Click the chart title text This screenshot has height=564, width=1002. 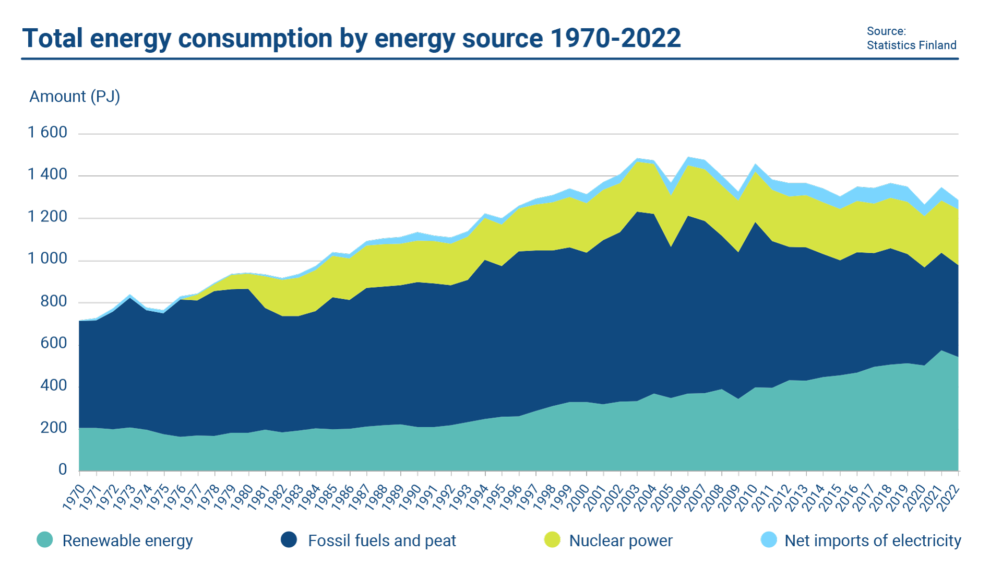(x=351, y=39)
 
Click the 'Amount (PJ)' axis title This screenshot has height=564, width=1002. (x=75, y=97)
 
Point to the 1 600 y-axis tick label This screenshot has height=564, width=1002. (x=47, y=133)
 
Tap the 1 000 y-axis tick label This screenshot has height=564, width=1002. (x=47, y=259)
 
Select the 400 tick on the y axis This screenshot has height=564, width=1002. (x=54, y=386)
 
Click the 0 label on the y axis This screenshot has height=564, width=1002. (x=63, y=469)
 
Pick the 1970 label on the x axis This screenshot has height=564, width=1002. (x=74, y=497)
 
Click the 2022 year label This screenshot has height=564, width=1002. (x=949, y=497)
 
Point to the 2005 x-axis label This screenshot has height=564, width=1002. (x=663, y=497)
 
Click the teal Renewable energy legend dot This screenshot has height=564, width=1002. (x=45, y=540)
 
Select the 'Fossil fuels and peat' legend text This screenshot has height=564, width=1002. (x=381, y=540)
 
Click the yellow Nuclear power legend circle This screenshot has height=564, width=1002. (x=552, y=540)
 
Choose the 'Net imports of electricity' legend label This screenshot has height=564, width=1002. (x=873, y=540)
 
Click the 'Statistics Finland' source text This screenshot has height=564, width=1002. (x=911, y=45)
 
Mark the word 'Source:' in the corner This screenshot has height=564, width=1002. (x=886, y=32)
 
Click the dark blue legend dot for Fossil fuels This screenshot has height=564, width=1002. (x=289, y=540)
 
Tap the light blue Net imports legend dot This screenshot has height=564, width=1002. (x=769, y=540)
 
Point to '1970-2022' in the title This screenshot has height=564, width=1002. (x=616, y=39)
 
